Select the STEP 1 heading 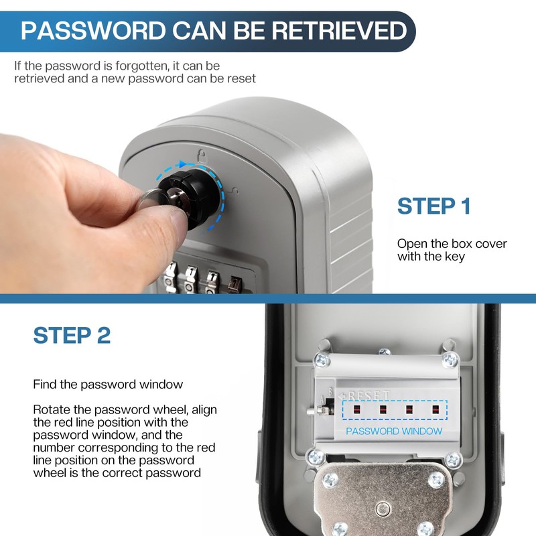(x=433, y=206)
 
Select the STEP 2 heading (x=72, y=335)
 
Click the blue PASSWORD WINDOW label (x=394, y=431)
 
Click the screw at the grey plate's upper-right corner (x=450, y=360)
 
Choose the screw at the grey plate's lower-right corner (x=452, y=460)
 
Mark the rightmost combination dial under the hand (x=235, y=283)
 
